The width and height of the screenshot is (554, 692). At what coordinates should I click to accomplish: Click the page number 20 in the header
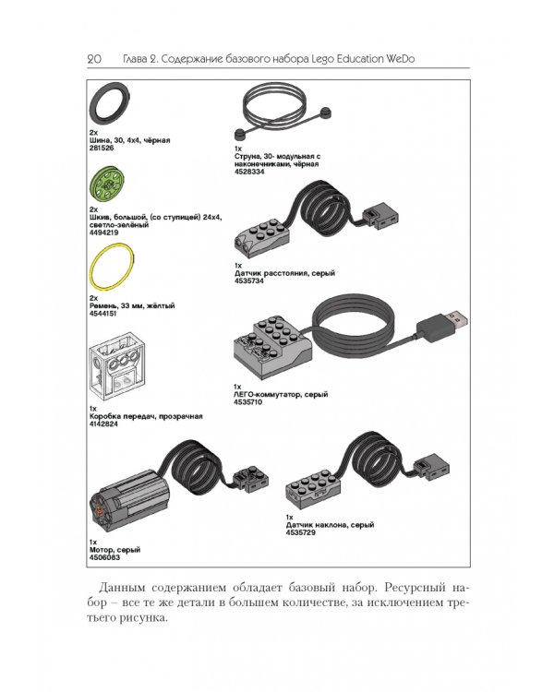coord(94,59)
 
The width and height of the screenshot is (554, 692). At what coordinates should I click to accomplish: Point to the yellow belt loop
coord(92,268)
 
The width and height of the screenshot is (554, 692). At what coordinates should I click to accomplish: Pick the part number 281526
coord(102,149)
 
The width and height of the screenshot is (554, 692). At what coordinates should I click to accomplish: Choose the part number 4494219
coord(103,233)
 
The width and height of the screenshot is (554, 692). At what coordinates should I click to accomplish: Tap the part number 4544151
coord(102,314)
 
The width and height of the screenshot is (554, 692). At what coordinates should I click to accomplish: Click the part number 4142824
coord(103,424)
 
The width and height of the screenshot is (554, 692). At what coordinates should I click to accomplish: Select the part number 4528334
coord(249,172)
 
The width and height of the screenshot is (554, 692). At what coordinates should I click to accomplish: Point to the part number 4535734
coord(248,281)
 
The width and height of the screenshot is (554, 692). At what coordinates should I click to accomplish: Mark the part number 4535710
coord(247,402)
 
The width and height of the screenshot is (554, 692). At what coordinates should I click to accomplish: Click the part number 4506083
coord(104,557)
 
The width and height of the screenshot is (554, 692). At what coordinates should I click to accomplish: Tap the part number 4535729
coord(300,532)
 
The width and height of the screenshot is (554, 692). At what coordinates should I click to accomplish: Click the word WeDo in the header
coord(401,59)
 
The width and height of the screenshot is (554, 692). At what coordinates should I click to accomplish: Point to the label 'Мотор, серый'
coord(114,550)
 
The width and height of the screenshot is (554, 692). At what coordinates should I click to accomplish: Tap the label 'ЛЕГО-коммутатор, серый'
coord(281,395)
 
